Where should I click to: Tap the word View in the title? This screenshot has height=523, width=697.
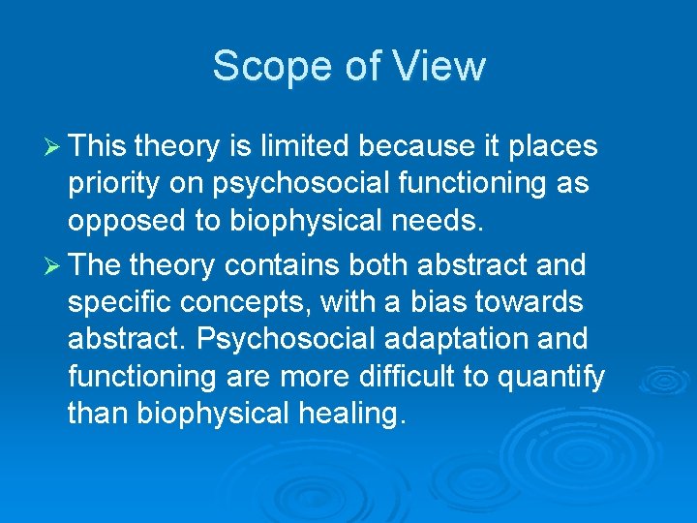pyautogui.click(x=441, y=67)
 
